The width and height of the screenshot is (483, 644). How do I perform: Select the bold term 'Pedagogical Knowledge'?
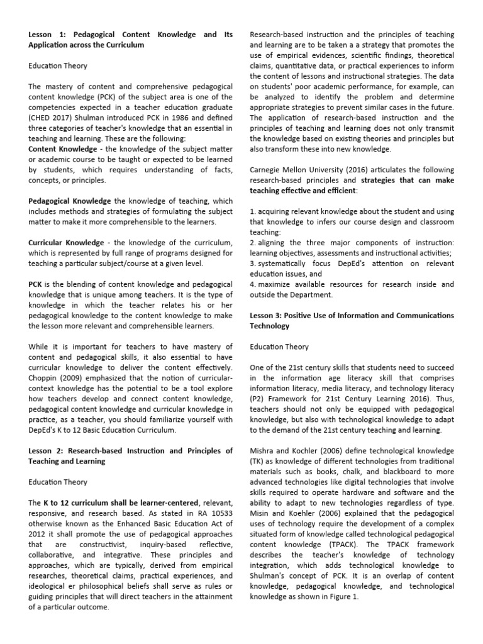(69, 200)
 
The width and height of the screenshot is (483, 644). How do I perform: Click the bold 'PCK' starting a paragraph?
(36, 284)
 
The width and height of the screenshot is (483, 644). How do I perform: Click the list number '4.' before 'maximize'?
(253, 284)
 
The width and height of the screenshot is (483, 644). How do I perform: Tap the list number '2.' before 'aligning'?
(253, 242)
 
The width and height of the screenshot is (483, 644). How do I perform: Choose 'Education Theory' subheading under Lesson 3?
(279, 347)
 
